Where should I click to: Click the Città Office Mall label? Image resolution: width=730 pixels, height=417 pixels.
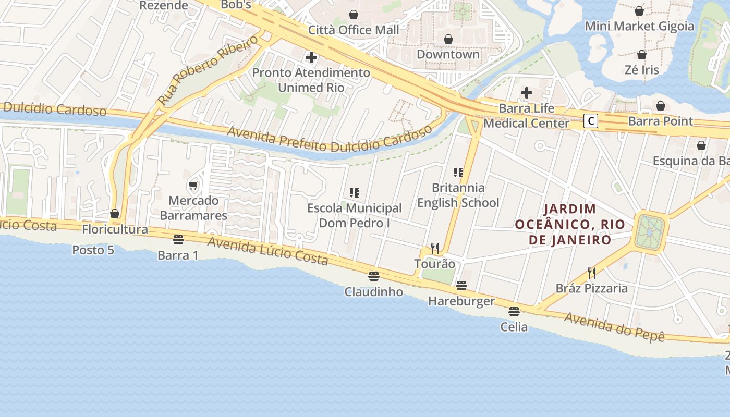[354, 30]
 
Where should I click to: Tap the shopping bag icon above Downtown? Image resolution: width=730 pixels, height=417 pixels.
[448, 39]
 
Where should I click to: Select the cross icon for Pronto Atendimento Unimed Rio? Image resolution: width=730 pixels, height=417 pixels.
[311, 57]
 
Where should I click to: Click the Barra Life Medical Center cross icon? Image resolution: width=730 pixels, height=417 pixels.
[527, 93]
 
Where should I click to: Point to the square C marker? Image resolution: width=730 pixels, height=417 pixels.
[590, 121]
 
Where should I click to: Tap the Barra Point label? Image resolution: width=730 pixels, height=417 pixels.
[661, 121]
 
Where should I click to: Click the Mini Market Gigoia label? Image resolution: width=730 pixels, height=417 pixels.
[639, 26]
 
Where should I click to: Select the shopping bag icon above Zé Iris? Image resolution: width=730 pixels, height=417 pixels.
[642, 55]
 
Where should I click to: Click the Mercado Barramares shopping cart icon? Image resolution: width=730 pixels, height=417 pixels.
[193, 185]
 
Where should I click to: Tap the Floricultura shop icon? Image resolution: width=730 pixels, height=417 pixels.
[115, 214]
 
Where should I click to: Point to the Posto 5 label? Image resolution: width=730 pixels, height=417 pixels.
[93, 250]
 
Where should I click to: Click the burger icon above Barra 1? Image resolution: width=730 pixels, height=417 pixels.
[178, 240]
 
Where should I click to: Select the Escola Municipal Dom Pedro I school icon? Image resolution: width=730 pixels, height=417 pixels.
[355, 193]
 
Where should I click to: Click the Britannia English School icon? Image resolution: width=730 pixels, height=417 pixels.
[458, 173]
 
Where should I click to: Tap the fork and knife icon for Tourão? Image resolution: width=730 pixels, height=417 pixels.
[434, 248]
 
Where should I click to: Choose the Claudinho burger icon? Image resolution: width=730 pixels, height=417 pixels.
[373, 276]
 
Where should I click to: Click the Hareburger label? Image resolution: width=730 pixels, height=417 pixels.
[461, 301]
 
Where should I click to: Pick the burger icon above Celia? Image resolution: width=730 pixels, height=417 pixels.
[514, 312]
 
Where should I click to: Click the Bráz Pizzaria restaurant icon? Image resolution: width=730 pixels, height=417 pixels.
[592, 273]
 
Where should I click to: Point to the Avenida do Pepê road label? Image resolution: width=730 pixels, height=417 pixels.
[614, 327]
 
